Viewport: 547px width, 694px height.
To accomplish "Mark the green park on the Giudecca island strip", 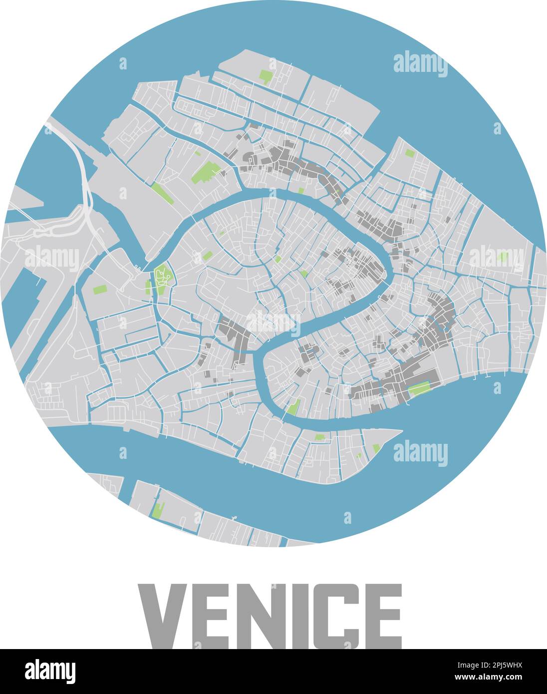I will coord(159,509).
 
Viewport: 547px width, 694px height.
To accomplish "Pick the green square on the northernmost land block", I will coord(266,76).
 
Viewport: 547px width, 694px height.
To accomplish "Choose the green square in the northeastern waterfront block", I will coord(409,153).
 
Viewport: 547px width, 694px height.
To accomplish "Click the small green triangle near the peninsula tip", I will coord(376,448).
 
